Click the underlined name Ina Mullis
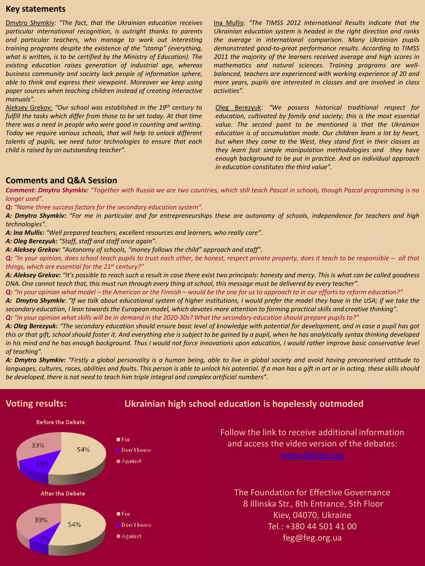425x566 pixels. click(228, 23)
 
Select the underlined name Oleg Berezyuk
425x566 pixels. click(238, 108)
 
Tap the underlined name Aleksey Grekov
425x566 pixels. click(29, 108)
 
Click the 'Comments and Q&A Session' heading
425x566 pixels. click(61, 180)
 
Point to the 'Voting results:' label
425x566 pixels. click(36, 404)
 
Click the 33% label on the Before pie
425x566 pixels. click(38, 445)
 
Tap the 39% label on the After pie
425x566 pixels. click(41, 520)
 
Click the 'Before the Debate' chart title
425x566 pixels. click(60, 422)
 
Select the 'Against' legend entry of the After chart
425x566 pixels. click(131, 536)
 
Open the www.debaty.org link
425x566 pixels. click(312, 455)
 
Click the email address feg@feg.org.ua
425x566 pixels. click(312, 538)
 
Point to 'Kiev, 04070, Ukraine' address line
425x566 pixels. click(312, 515)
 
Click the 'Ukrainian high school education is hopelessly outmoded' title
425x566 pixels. click(244, 404)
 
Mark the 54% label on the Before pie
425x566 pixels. click(83, 450)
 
